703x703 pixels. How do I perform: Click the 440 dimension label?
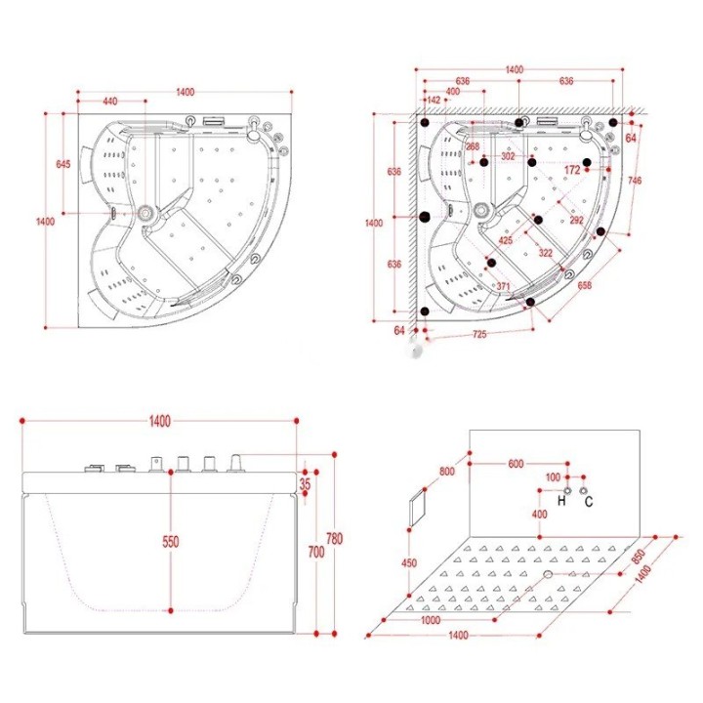[x=110, y=102]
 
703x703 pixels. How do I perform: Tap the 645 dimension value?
[x=63, y=165]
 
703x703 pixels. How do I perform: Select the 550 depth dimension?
[x=170, y=542]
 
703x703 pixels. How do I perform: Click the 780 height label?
[x=335, y=538]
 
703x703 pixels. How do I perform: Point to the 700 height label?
[x=316, y=552]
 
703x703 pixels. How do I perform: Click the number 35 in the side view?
[x=305, y=484]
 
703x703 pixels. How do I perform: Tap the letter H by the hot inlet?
[x=561, y=501]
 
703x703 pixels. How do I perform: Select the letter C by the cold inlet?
[x=589, y=501]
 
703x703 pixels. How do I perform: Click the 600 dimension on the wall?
[x=516, y=464]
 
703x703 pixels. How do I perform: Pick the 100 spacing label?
[x=553, y=477]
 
